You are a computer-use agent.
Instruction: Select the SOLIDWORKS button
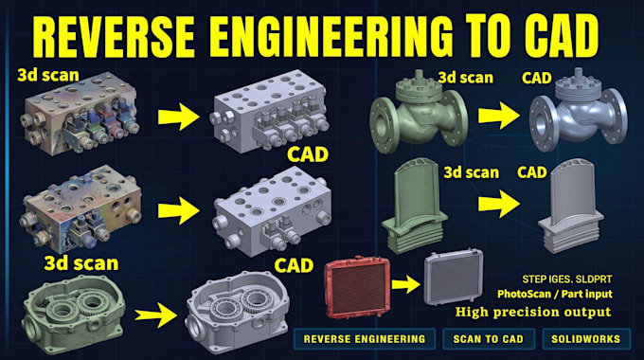(585, 339)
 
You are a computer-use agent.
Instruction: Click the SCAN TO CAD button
(489, 339)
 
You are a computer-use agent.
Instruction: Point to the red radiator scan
(356, 287)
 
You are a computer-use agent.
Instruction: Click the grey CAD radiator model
(453, 277)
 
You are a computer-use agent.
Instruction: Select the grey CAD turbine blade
(570, 207)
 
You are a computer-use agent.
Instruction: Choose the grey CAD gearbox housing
(237, 314)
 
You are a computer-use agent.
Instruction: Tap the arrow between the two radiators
(405, 284)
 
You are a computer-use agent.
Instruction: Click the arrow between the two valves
(499, 116)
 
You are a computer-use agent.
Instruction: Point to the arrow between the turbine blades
(499, 204)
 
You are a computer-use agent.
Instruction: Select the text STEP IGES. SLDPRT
(566, 279)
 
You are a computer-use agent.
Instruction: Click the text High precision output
(533, 312)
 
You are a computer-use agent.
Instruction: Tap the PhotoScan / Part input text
(554, 295)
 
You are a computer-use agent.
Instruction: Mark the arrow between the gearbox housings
(156, 315)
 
